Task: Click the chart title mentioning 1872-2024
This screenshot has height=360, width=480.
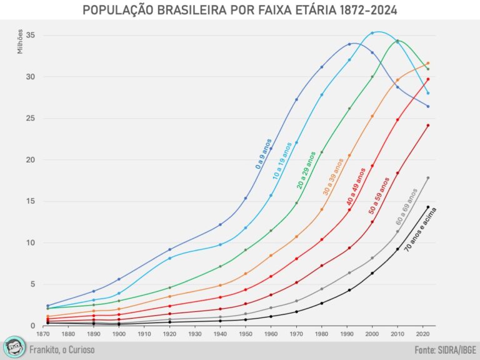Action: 240,11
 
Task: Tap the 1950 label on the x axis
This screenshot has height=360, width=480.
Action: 246,334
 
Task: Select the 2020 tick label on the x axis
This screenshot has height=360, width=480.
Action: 423,334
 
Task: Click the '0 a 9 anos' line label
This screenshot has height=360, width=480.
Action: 263,154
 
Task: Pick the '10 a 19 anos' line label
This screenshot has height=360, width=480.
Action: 282,161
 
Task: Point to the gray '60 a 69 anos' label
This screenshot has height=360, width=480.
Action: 406,206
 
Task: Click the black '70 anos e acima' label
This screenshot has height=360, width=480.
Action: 420,229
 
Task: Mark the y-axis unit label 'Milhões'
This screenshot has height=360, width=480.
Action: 21,41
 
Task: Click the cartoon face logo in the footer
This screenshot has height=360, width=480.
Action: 14,347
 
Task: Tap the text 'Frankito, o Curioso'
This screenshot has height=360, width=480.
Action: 62,350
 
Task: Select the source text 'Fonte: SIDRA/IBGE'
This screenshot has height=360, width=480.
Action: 444,350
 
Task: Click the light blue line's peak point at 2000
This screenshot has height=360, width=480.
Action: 372,33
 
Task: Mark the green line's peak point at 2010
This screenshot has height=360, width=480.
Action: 397,42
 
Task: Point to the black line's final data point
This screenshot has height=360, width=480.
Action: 428,207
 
